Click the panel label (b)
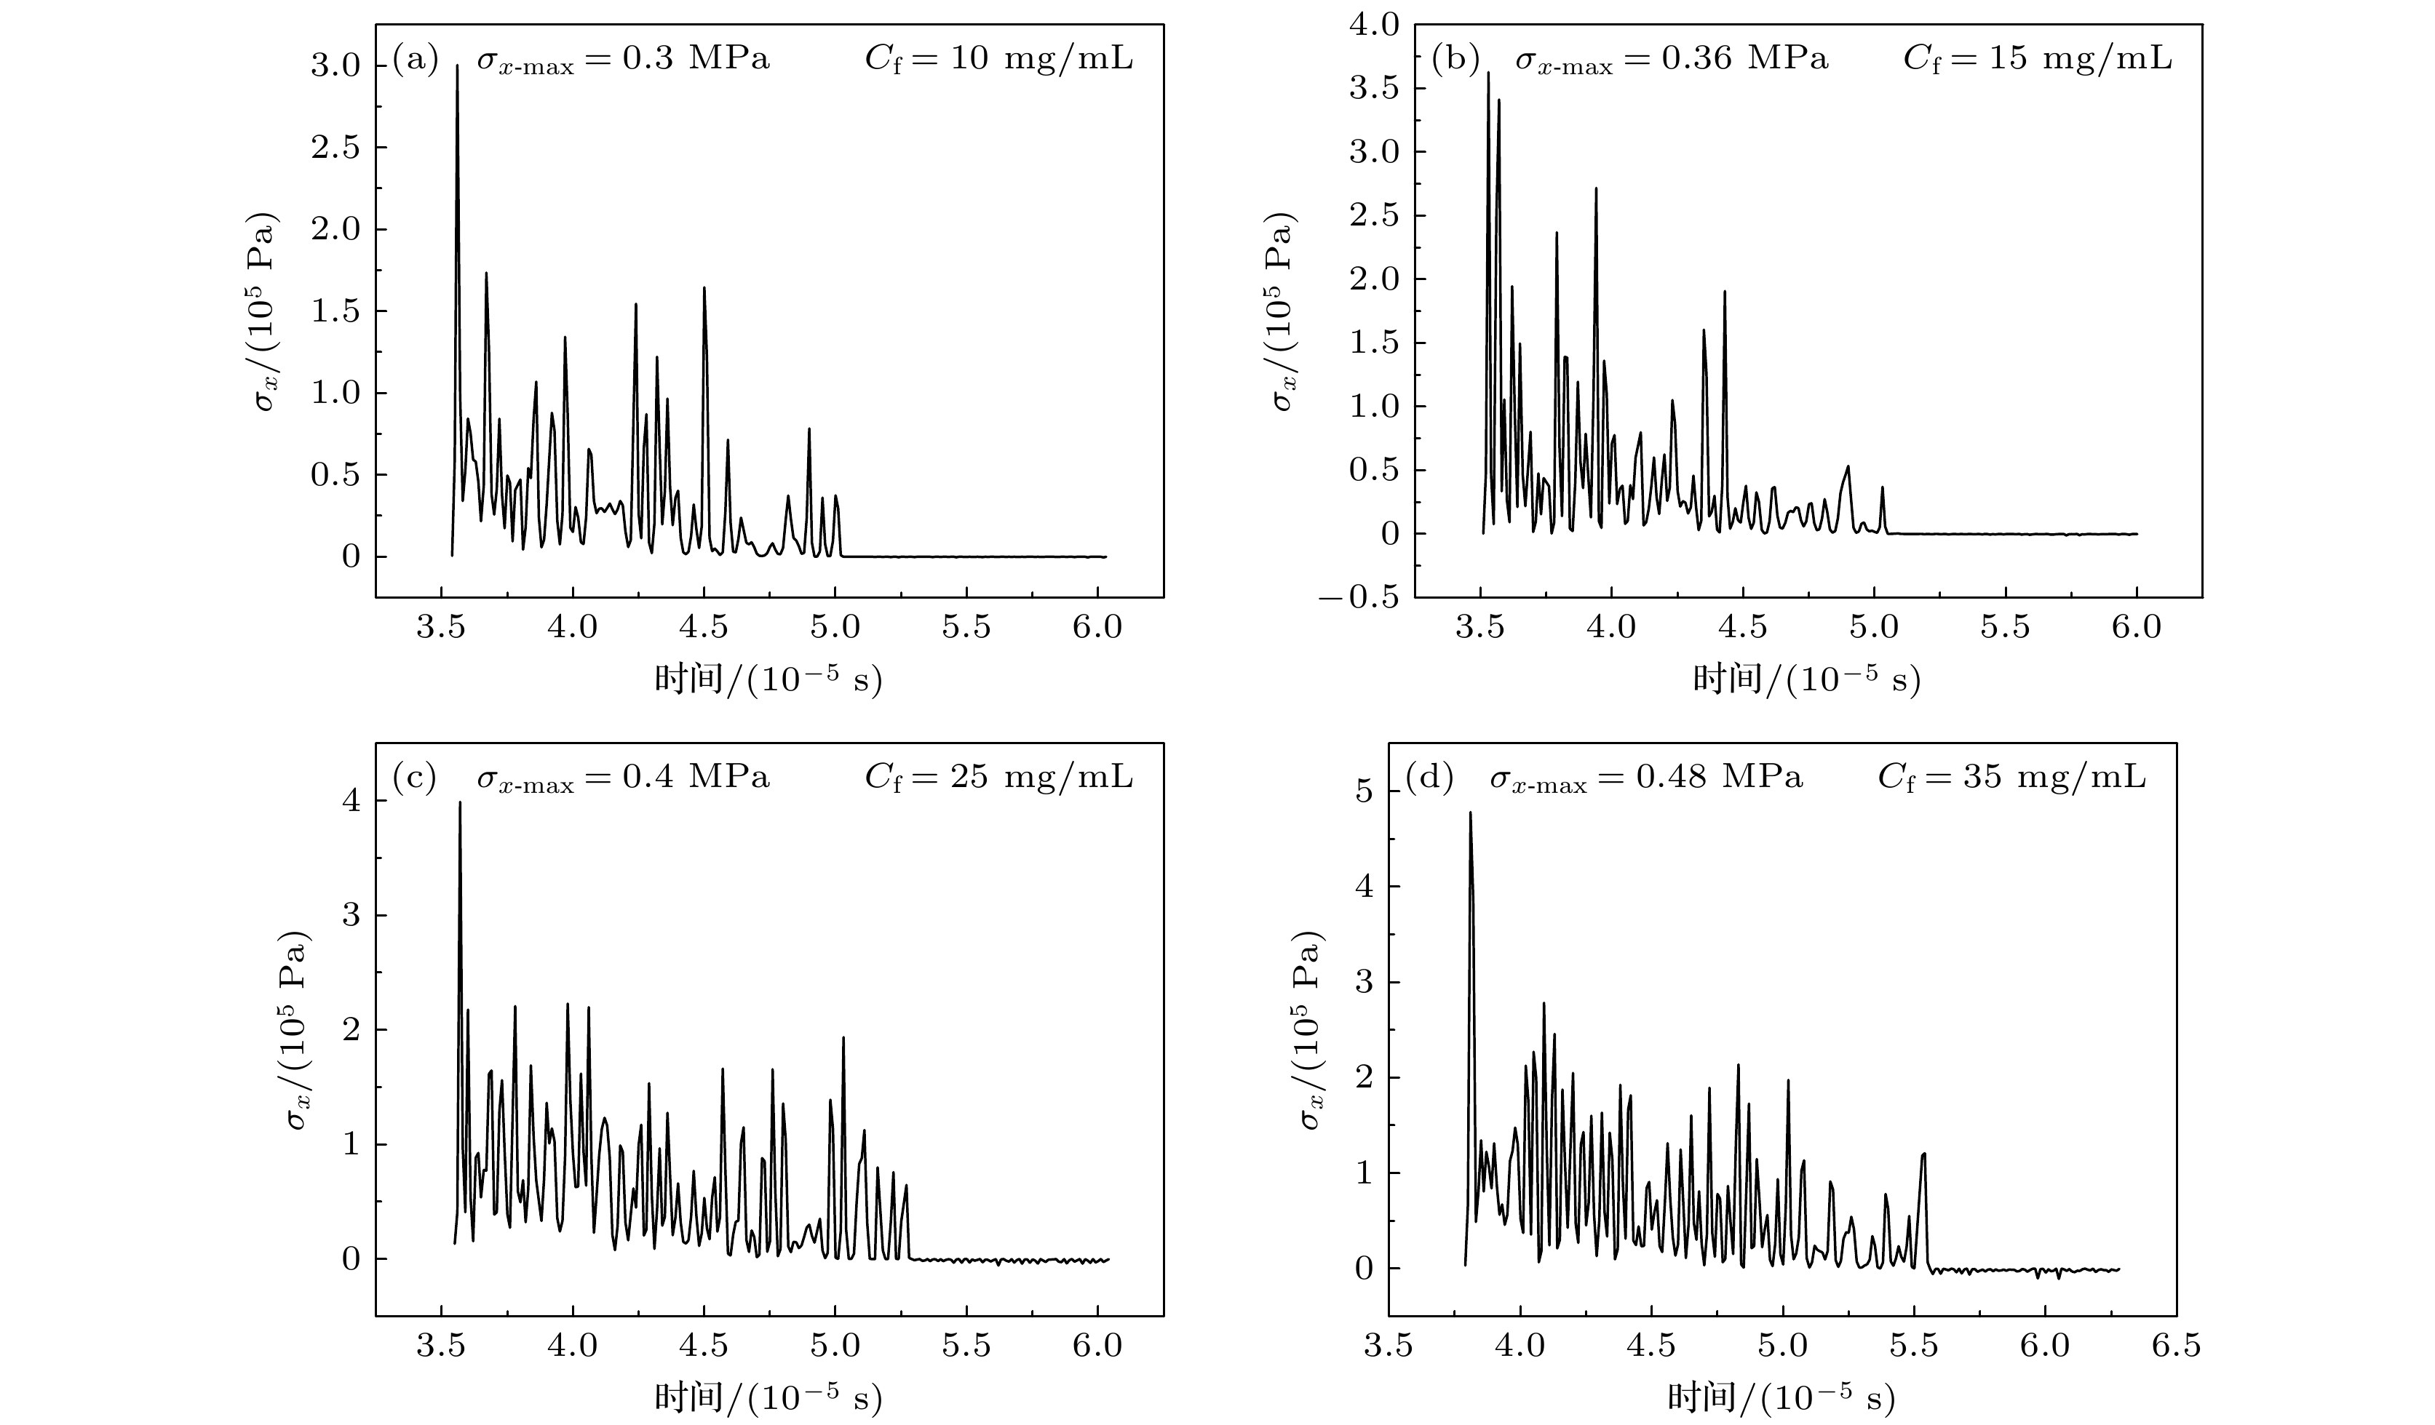pyautogui.click(x=1453, y=59)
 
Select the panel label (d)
pyautogui.click(x=1427, y=777)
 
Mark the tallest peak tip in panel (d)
pyautogui.click(x=1470, y=813)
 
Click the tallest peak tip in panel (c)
pyautogui.click(x=460, y=803)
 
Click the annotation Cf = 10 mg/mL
pyautogui.click(x=998, y=59)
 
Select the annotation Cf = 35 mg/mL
pyautogui.click(x=2011, y=777)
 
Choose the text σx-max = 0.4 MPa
pyautogui.click(x=623, y=778)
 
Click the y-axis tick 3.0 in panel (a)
pyautogui.click(x=334, y=65)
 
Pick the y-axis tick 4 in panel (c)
pyautogui.click(x=350, y=801)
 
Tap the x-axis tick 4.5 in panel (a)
pyautogui.click(x=704, y=628)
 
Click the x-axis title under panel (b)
pyautogui.click(x=1806, y=680)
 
